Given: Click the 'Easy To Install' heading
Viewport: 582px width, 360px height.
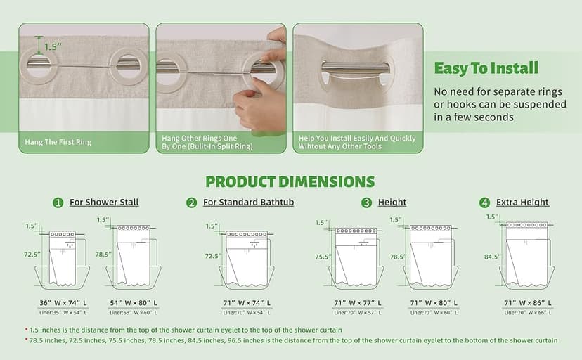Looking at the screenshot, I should click(x=486, y=68).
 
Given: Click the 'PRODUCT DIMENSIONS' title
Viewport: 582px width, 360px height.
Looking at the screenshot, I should click(x=290, y=181).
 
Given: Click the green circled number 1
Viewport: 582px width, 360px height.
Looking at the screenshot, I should click(x=58, y=202).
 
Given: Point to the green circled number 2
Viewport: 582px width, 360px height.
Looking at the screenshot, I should click(x=192, y=202).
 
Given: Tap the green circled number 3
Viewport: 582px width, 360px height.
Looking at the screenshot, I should click(x=366, y=202).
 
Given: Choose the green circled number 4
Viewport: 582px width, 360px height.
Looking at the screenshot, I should click(x=484, y=202).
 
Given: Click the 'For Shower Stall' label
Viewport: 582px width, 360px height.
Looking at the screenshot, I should click(x=104, y=202).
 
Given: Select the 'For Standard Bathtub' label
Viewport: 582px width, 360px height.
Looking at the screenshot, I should click(x=248, y=202).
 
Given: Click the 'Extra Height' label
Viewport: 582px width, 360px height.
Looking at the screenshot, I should click(x=522, y=202).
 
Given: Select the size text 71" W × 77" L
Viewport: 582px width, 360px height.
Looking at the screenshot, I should click(x=360, y=302).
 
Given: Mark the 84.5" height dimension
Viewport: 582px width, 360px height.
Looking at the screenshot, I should click(x=492, y=257).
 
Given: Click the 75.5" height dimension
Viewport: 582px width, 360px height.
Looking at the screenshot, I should click(x=323, y=257).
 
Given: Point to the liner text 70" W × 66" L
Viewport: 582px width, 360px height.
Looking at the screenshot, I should click(x=526, y=312).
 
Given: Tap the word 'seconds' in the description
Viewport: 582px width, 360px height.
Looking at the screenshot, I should click(x=493, y=117).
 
